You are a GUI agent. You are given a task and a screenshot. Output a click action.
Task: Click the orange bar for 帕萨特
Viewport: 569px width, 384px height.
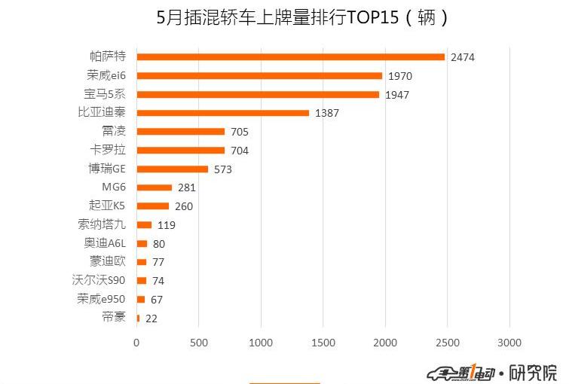coord(290,56)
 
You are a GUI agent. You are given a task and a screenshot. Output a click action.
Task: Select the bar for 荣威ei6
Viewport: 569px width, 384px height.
coord(259,75)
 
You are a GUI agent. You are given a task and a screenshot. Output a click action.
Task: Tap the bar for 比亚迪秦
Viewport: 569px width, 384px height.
coord(223,113)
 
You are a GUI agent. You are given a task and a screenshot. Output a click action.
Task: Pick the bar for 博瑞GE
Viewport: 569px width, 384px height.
coord(173,169)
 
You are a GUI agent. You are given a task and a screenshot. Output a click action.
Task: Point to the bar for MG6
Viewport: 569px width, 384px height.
coord(154,187)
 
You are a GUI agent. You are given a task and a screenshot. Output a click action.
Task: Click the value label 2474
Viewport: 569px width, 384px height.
coord(463,57)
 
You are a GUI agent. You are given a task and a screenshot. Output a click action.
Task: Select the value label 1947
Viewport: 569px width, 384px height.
coord(399,95)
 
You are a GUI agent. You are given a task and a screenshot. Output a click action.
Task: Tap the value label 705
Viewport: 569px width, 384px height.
coord(239,132)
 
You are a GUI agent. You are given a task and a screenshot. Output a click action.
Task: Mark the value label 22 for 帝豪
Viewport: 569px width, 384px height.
coord(151,318)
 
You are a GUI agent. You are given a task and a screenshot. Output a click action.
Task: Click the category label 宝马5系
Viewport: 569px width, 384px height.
coord(105,94)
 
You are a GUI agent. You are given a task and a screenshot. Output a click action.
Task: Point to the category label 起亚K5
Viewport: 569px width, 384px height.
coord(106,206)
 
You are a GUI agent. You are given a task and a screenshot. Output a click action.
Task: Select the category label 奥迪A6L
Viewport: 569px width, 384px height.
coord(105,243)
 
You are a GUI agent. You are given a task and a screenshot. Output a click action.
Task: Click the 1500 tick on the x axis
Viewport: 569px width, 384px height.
coord(323,343)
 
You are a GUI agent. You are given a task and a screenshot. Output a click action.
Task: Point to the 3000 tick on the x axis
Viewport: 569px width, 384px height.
coord(509,343)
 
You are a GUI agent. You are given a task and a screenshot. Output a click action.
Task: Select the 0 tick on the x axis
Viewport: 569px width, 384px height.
coord(136,343)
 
